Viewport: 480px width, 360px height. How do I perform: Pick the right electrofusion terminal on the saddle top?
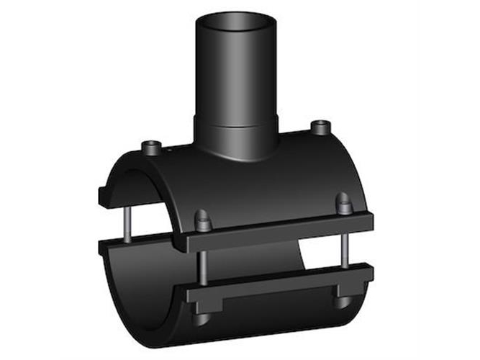317,128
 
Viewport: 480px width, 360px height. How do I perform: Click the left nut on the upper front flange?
204,219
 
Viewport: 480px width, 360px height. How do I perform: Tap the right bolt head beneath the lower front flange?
340,302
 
